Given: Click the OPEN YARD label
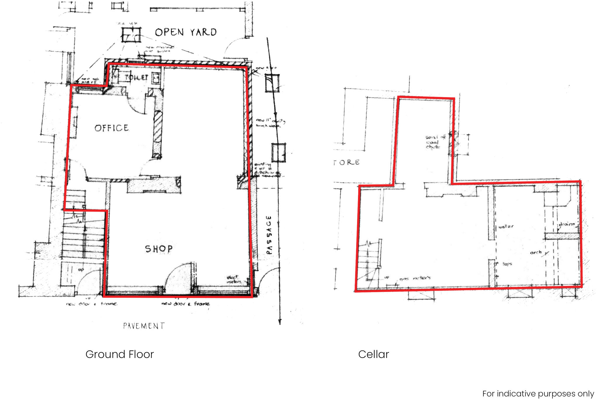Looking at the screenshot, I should pos(186,32).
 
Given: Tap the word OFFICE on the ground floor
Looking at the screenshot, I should pos(111,128).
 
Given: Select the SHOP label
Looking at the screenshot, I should pos(159,249).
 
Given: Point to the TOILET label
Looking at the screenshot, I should pos(136,78).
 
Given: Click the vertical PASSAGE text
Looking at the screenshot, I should pos(269,235).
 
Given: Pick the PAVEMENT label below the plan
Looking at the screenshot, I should pos(144,326).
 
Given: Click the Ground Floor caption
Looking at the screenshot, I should pos(120,354).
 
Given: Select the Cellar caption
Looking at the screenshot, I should pos(373,354).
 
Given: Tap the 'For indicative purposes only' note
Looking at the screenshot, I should pos(538,393).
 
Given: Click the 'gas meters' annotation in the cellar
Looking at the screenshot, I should pos(415,278).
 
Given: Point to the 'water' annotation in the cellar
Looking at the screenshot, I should pos(506,226).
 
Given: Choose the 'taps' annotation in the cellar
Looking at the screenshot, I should pos(507,264).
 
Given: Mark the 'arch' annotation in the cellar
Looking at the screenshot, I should pos(536,252).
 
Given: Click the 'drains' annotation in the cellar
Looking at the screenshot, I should pos(567,224).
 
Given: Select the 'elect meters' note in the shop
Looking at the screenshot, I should pos(233,279).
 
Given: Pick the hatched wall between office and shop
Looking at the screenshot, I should pos(158,135).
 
